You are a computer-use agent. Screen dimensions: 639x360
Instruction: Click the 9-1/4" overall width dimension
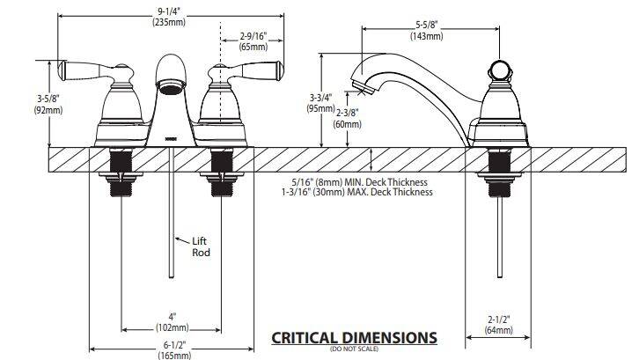169,18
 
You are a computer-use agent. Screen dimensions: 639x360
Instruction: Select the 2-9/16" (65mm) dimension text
253,41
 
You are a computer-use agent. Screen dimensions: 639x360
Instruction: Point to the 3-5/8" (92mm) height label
48,105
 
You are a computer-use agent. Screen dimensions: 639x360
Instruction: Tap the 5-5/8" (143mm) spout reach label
426,31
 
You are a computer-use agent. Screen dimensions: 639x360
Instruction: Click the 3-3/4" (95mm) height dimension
321,103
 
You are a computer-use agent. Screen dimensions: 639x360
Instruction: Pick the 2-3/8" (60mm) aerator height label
347,118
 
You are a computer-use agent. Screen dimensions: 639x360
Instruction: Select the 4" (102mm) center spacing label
173,322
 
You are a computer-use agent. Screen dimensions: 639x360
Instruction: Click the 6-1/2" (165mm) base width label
174,350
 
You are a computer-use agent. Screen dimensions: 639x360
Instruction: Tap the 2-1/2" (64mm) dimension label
499,325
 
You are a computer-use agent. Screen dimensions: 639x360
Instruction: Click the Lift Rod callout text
202,246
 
